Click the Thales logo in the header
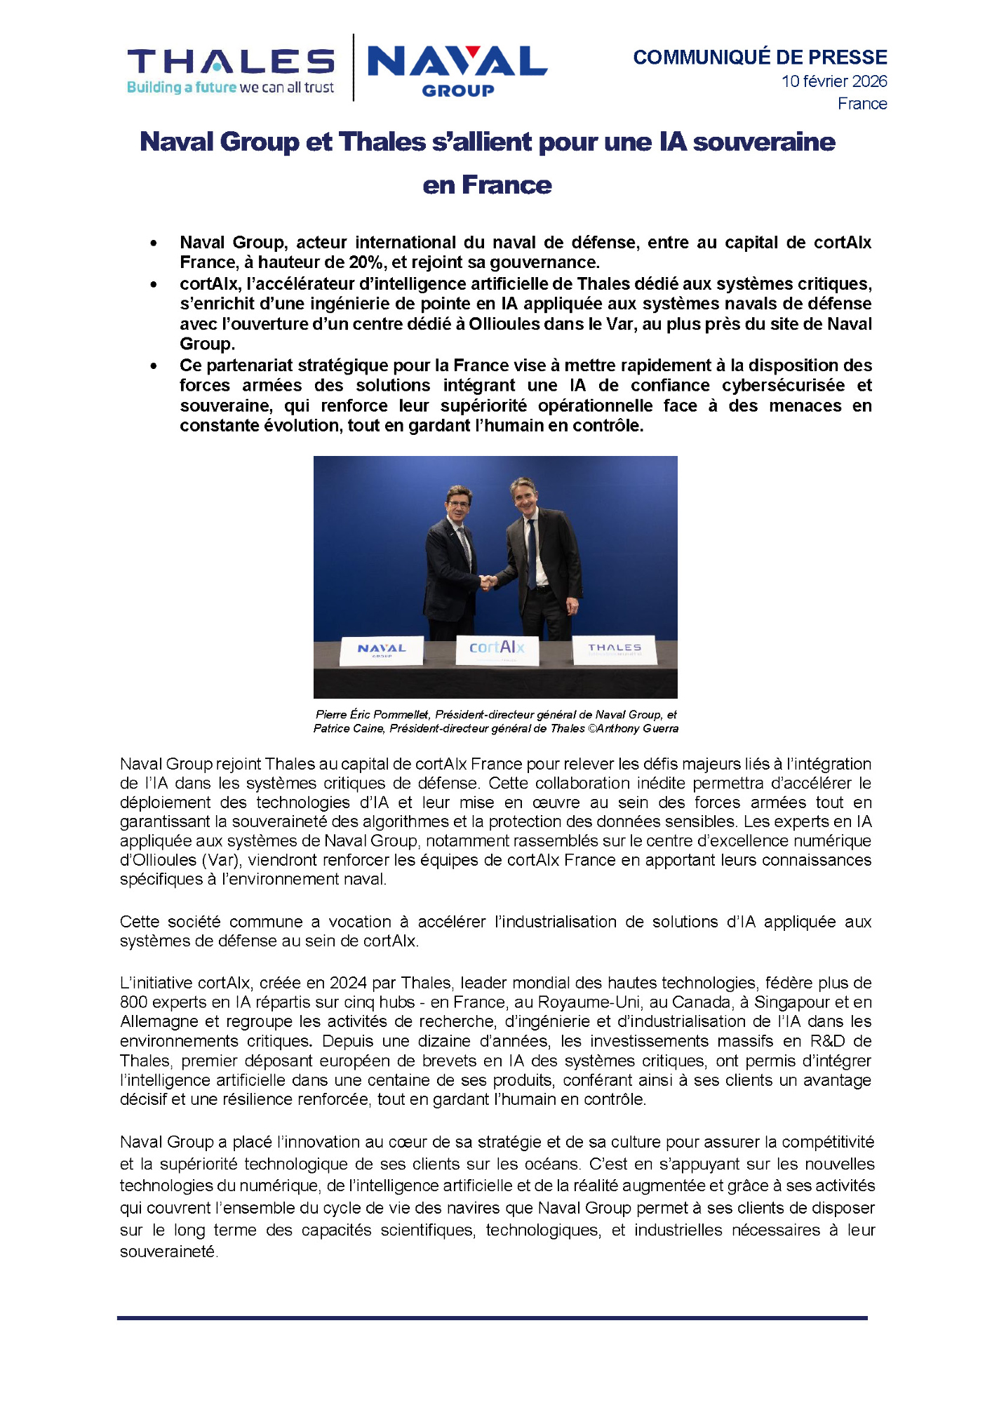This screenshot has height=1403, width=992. [231, 69]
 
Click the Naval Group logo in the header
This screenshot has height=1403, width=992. [457, 69]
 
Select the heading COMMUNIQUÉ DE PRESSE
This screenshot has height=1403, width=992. [760, 58]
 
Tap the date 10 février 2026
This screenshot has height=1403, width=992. [834, 81]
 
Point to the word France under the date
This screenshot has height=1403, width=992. [862, 104]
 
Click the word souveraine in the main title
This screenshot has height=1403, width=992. [764, 142]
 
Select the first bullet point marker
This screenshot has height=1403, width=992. [154, 243]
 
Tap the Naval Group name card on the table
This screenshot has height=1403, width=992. [382, 650]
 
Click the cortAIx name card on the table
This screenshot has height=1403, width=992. [497, 648]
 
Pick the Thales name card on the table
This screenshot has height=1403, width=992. [615, 649]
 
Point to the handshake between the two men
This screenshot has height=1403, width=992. [488, 582]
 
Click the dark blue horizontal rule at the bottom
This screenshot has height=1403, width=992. [492, 1318]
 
